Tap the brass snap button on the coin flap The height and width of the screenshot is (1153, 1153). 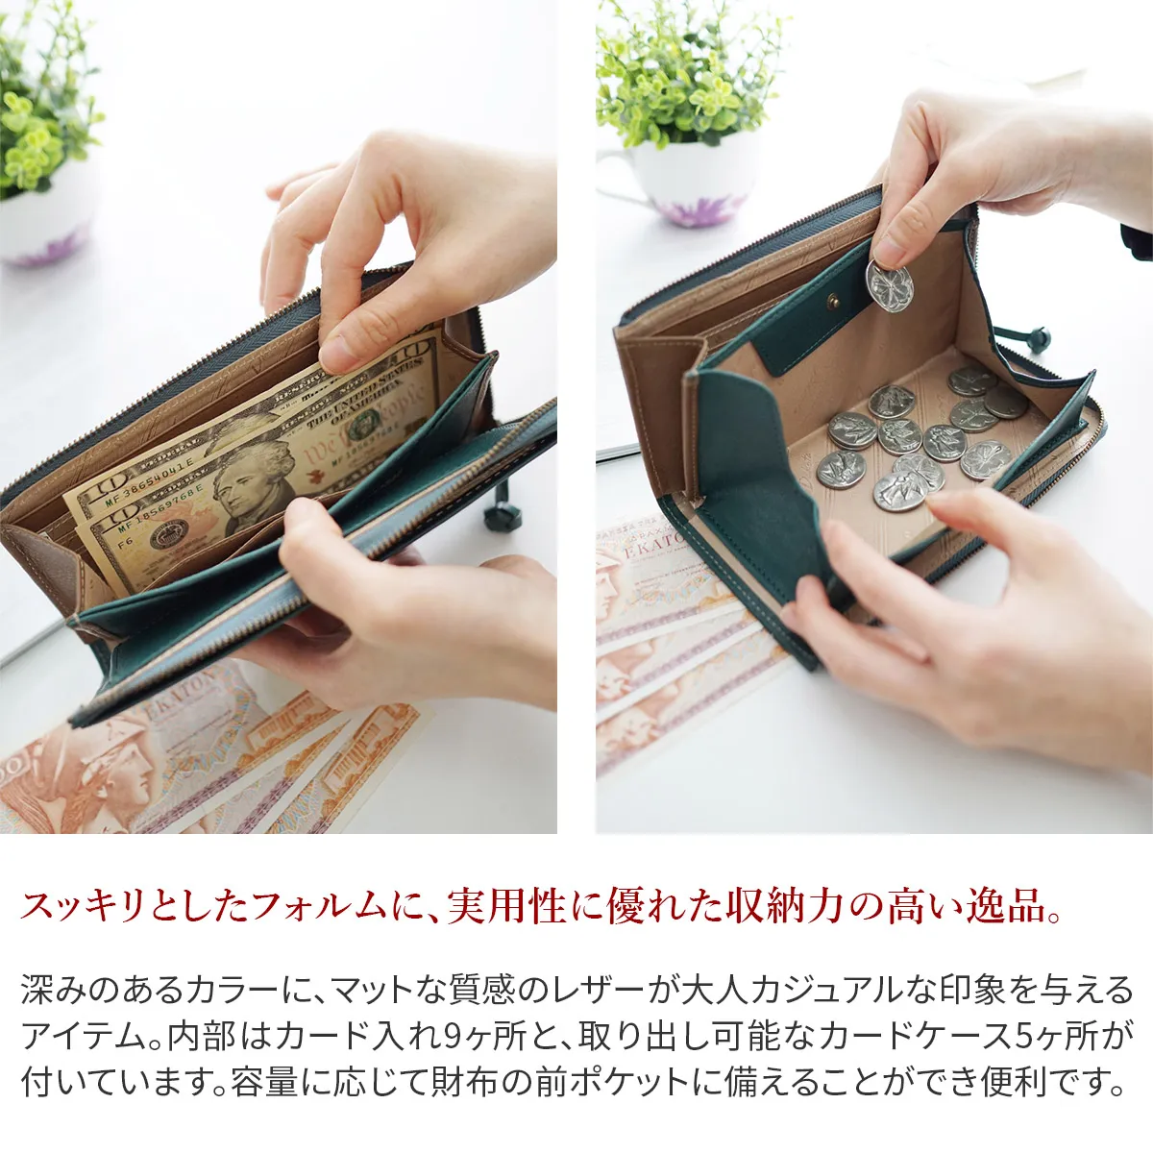(833, 304)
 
